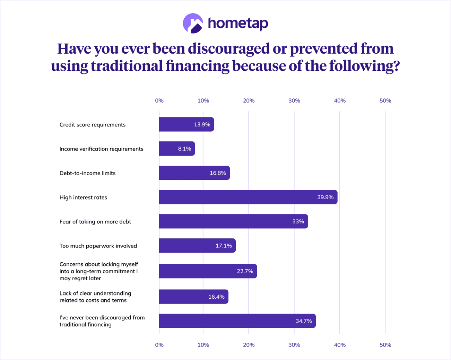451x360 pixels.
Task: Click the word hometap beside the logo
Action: coord(238,23)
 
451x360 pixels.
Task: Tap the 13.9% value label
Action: coord(202,124)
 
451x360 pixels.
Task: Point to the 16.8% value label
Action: coord(218,173)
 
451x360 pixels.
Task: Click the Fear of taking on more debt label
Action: coord(95,222)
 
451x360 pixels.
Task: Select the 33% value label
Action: coord(298,221)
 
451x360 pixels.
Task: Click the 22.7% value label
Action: coord(245,271)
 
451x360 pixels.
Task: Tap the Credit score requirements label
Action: coord(92,125)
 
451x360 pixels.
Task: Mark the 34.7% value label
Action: coord(303,321)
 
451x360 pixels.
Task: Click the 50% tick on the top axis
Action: coord(385,101)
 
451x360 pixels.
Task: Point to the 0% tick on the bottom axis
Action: coord(159,345)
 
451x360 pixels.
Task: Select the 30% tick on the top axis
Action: coord(294,101)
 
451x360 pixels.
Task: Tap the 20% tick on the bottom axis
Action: coord(249,345)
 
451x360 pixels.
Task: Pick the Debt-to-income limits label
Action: coord(87,173)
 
